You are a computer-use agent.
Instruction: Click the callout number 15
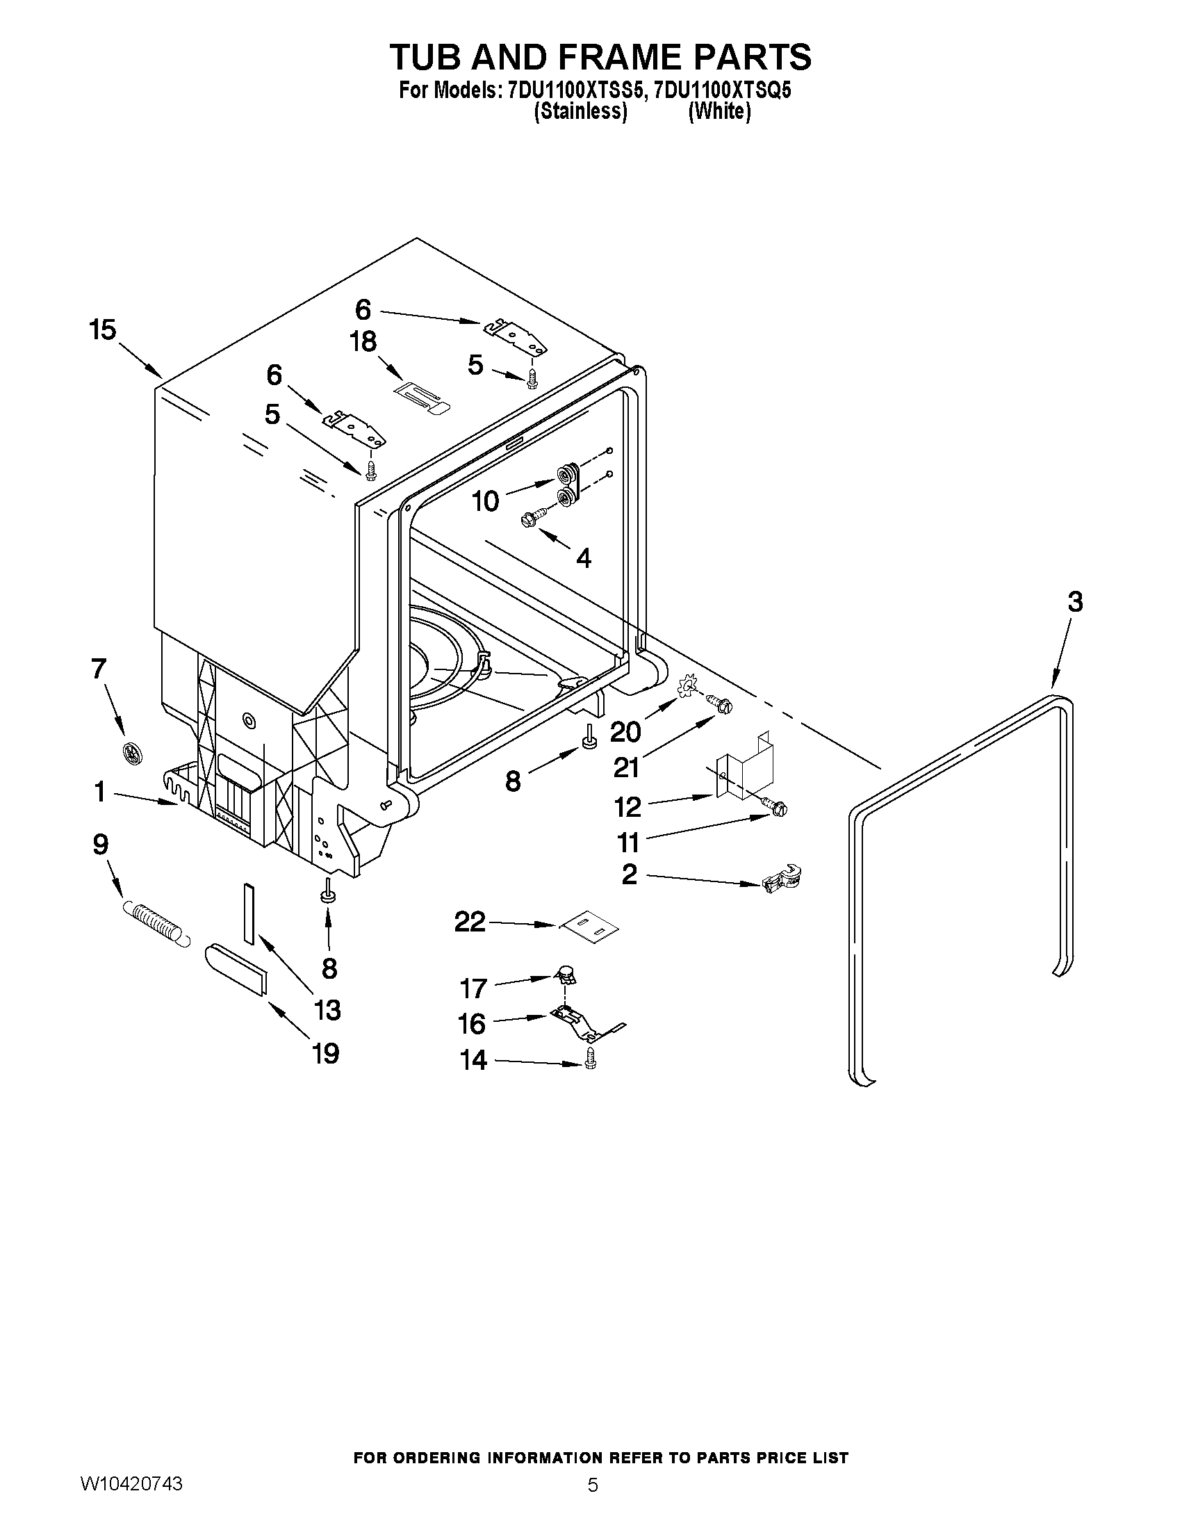102,329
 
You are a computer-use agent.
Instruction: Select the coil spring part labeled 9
156,923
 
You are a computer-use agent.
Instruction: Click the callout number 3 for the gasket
1075,602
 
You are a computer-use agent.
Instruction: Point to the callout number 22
470,921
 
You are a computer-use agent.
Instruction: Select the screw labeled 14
589,1062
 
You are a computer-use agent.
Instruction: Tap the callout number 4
582,558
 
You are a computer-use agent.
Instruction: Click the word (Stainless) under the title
580,112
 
